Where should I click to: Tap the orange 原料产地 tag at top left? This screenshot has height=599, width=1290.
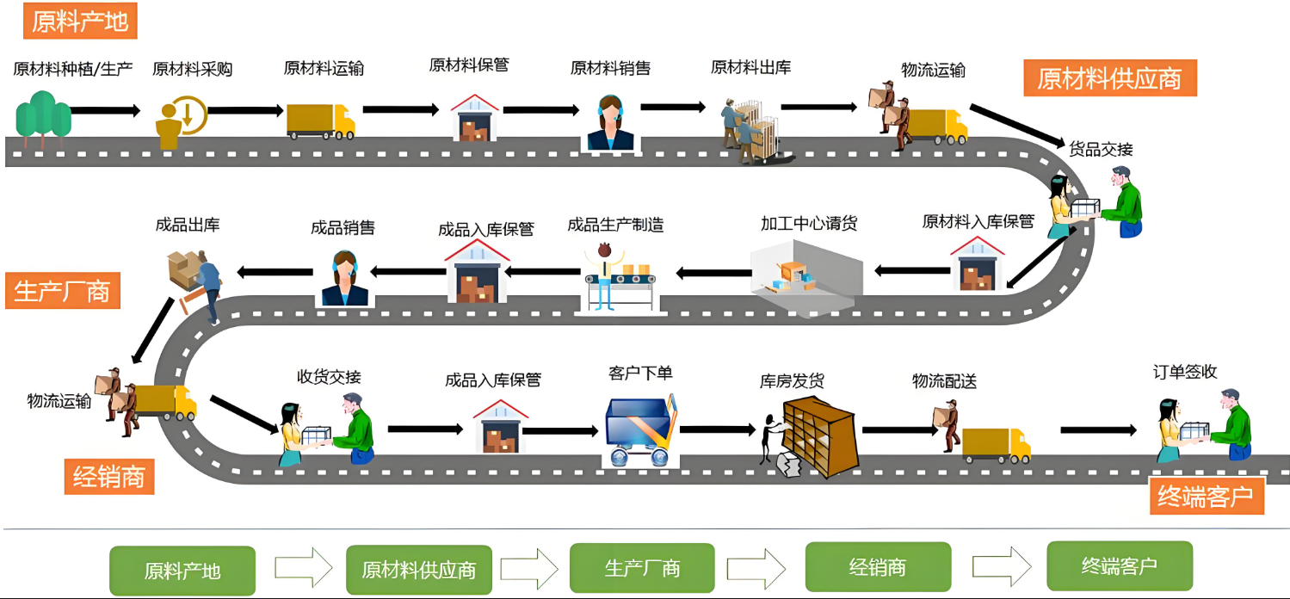coord(80,22)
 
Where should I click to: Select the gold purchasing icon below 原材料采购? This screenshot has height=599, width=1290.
coord(181,120)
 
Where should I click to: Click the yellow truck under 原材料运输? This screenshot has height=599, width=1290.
coord(320,121)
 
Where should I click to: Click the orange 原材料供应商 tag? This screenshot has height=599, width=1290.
coord(1109,79)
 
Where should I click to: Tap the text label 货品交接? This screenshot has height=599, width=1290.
coord(1101,149)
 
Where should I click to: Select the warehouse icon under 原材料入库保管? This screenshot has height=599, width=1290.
coord(977,263)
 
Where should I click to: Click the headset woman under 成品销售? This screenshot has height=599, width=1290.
coord(345,278)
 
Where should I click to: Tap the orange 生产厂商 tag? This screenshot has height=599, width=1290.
coord(63,292)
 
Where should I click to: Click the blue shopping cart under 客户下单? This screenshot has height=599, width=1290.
coord(641,430)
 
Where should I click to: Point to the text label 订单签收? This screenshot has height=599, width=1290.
coord(1185,373)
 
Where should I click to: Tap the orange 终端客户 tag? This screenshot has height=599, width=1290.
coord(1207,497)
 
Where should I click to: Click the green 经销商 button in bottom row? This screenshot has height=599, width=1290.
coord(878,567)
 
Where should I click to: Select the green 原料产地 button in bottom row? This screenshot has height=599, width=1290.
coord(182,571)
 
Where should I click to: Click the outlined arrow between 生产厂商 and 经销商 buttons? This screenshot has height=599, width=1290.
coord(756,569)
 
